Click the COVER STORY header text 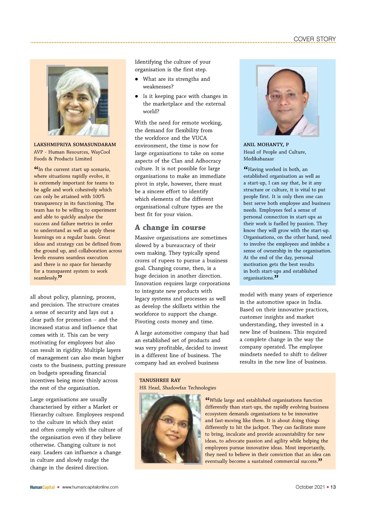coord(314,39)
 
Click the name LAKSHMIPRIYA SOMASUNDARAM coord(75,144)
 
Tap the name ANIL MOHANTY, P coord(266,144)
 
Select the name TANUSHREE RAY coord(160,380)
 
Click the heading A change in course coord(170,227)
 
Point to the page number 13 coord(333,487)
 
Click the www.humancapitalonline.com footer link coord(90,487)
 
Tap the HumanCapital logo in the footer coord(42,487)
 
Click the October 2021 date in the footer coord(310,487)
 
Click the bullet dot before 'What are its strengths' coord(136,79)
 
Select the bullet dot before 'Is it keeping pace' coord(136,96)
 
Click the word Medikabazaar coord(259,159)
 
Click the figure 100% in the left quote coord(98,197)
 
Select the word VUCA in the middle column coord(199,138)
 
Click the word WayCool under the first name coord(100,152)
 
